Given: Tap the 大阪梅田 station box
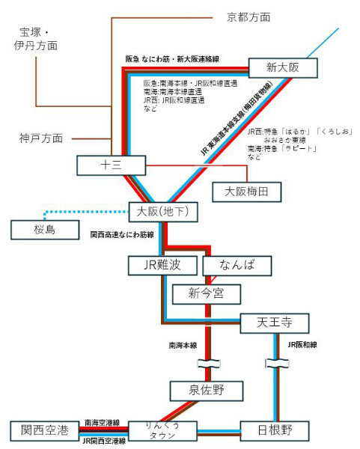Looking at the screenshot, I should point(246,192).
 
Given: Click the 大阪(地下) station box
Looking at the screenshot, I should point(163,213).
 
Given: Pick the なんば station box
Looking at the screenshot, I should point(239,265).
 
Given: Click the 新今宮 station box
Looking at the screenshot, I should point(207,293).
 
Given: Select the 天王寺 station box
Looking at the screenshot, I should point(274,323).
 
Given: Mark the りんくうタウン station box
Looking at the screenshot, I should point(163,430).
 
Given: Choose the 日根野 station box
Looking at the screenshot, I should point(274,430).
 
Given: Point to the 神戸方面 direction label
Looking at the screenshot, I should point(42,138).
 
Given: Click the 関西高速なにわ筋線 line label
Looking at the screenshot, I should point(122,234).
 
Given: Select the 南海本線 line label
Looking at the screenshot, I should point(182,346).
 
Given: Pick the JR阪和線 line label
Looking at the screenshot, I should point(302,346).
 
